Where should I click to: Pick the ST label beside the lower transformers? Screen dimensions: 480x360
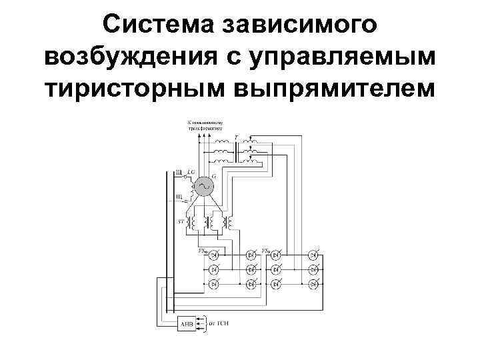click(x=179, y=219)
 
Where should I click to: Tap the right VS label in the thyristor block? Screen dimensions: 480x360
click(x=266, y=251)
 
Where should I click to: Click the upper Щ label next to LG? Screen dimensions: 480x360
click(x=179, y=173)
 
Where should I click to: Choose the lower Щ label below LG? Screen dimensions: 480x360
click(x=179, y=195)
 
